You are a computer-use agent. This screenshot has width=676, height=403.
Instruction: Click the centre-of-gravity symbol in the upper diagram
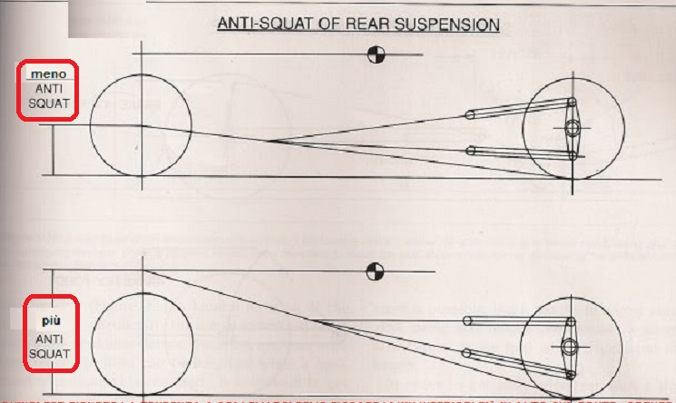point(375,55)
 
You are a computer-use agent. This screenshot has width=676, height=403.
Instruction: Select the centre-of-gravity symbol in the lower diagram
point(373,270)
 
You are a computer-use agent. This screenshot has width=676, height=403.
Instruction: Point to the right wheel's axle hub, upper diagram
point(573,128)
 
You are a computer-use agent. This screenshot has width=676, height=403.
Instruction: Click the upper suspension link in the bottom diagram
point(517,320)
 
